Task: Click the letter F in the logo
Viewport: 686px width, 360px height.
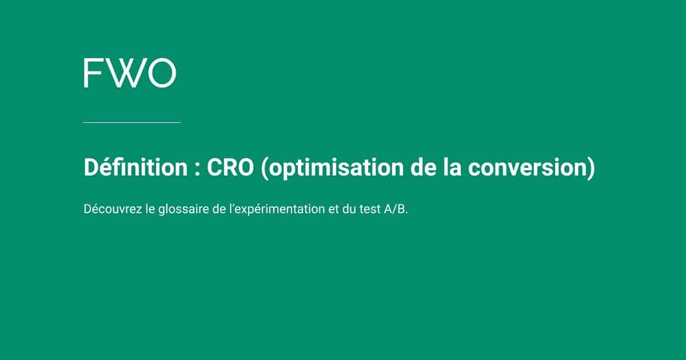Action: [x=92, y=73]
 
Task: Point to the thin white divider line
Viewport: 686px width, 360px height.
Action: [x=131, y=122]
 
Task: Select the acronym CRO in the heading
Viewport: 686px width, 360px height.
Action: [x=230, y=168]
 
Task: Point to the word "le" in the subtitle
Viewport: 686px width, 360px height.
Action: [x=150, y=209]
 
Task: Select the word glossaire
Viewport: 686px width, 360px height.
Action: [x=182, y=210]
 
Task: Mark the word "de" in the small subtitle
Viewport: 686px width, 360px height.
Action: [x=218, y=209]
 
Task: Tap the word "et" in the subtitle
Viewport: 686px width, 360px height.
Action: [x=333, y=209]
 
